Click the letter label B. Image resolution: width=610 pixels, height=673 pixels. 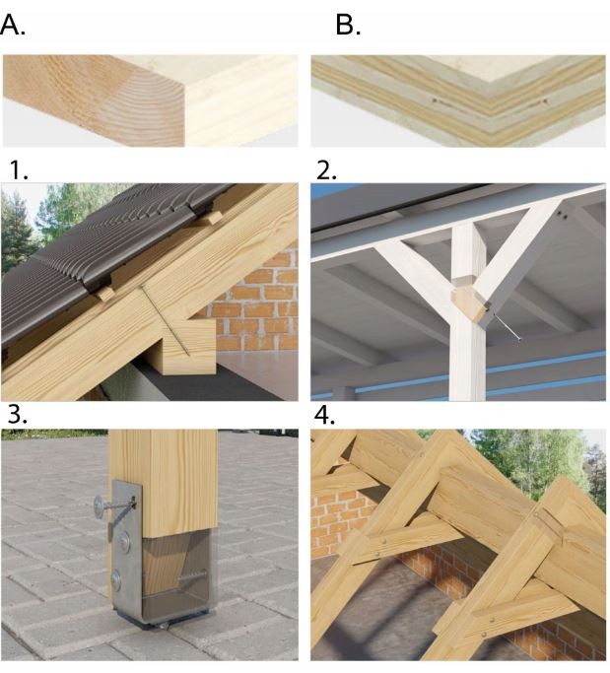pos(348,25)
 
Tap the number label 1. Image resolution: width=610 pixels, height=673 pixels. pos(20,169)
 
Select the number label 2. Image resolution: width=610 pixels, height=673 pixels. pos(326,170)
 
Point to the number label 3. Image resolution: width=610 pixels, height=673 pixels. pos(18,415)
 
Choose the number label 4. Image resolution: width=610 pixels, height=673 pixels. pos(325,415)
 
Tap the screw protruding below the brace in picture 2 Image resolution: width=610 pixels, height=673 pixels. pos(507,327)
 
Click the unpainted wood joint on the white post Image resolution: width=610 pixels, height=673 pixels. pos(470,301)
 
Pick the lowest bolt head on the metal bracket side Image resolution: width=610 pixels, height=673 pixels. pos(116,579)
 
